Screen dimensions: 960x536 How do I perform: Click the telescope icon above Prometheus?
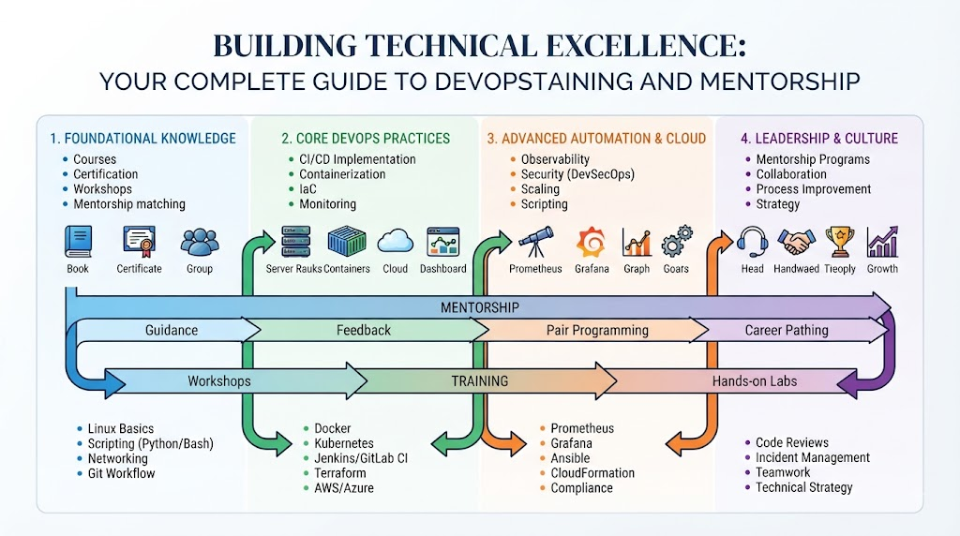(535, 242)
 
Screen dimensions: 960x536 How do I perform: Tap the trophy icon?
(839, 242)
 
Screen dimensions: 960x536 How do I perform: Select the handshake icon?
(796, 242)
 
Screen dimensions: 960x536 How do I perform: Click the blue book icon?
(79, 242)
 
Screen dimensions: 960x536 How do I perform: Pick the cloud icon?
(395, 242)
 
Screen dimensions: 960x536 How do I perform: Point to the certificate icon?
(139, 242)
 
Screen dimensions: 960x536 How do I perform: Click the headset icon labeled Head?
(753, 242)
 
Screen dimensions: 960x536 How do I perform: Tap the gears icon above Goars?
(677, 241)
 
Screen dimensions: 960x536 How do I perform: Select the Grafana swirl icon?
(592, 242)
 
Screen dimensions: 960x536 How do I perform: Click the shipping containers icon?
(347, 241)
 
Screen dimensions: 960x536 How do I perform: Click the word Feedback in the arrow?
(364, 331)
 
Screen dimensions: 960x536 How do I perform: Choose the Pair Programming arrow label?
(597, 331)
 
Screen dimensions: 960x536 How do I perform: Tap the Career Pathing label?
(787, 331)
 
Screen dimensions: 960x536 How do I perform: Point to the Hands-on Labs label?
(755, 381)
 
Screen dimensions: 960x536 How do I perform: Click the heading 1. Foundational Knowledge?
(142, 139)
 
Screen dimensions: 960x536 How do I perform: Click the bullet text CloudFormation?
(592, 473)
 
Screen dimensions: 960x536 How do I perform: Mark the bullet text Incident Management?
(813, 457)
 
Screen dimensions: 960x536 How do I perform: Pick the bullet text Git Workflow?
(121, 473)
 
